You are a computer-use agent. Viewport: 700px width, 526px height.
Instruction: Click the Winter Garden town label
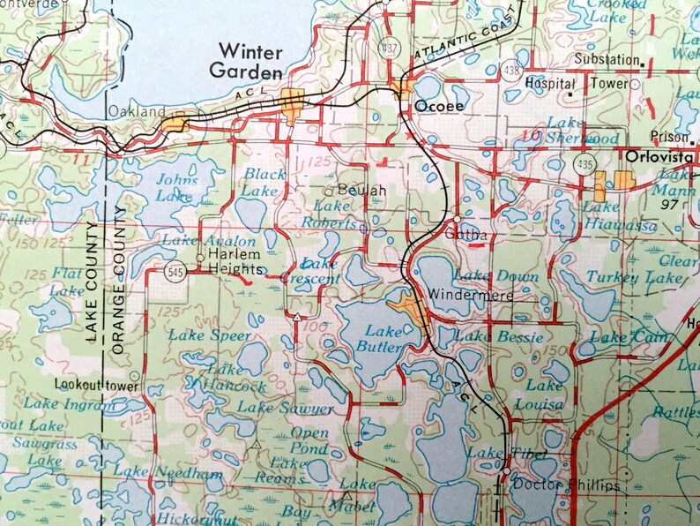[251, 62]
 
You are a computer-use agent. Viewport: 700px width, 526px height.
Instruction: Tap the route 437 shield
[386, 45]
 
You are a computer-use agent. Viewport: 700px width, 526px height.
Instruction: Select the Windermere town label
[471, 296]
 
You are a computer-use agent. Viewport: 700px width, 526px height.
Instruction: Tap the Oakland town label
[137, 112]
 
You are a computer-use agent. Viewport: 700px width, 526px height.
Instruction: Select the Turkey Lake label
[643, 278]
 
